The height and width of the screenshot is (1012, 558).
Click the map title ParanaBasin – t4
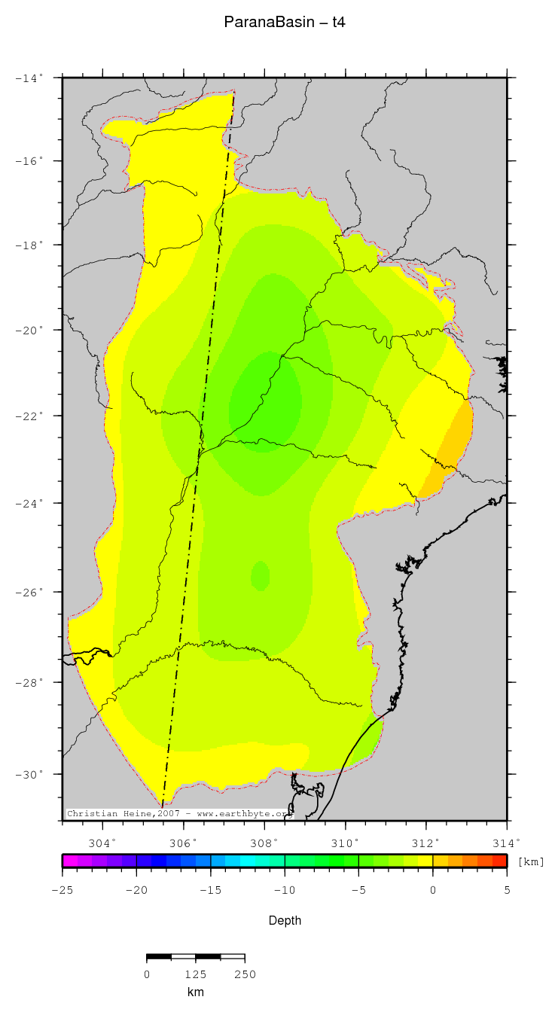coord(285,23)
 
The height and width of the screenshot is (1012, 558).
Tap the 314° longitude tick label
coord(506,843)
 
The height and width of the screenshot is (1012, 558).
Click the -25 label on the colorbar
coord(63,890)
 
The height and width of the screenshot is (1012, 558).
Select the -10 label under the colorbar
coord(285,890)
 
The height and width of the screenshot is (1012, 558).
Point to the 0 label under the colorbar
coord(433,890)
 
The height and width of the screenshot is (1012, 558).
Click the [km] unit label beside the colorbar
coord(531,861)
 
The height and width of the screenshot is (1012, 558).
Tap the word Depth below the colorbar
coord(285,920)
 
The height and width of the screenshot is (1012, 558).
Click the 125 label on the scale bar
coord(195,974)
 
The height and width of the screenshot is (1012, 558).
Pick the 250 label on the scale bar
coord(244,974)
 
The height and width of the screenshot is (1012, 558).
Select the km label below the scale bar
coord(195,992)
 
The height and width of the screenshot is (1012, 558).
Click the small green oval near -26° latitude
coord(260,576)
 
